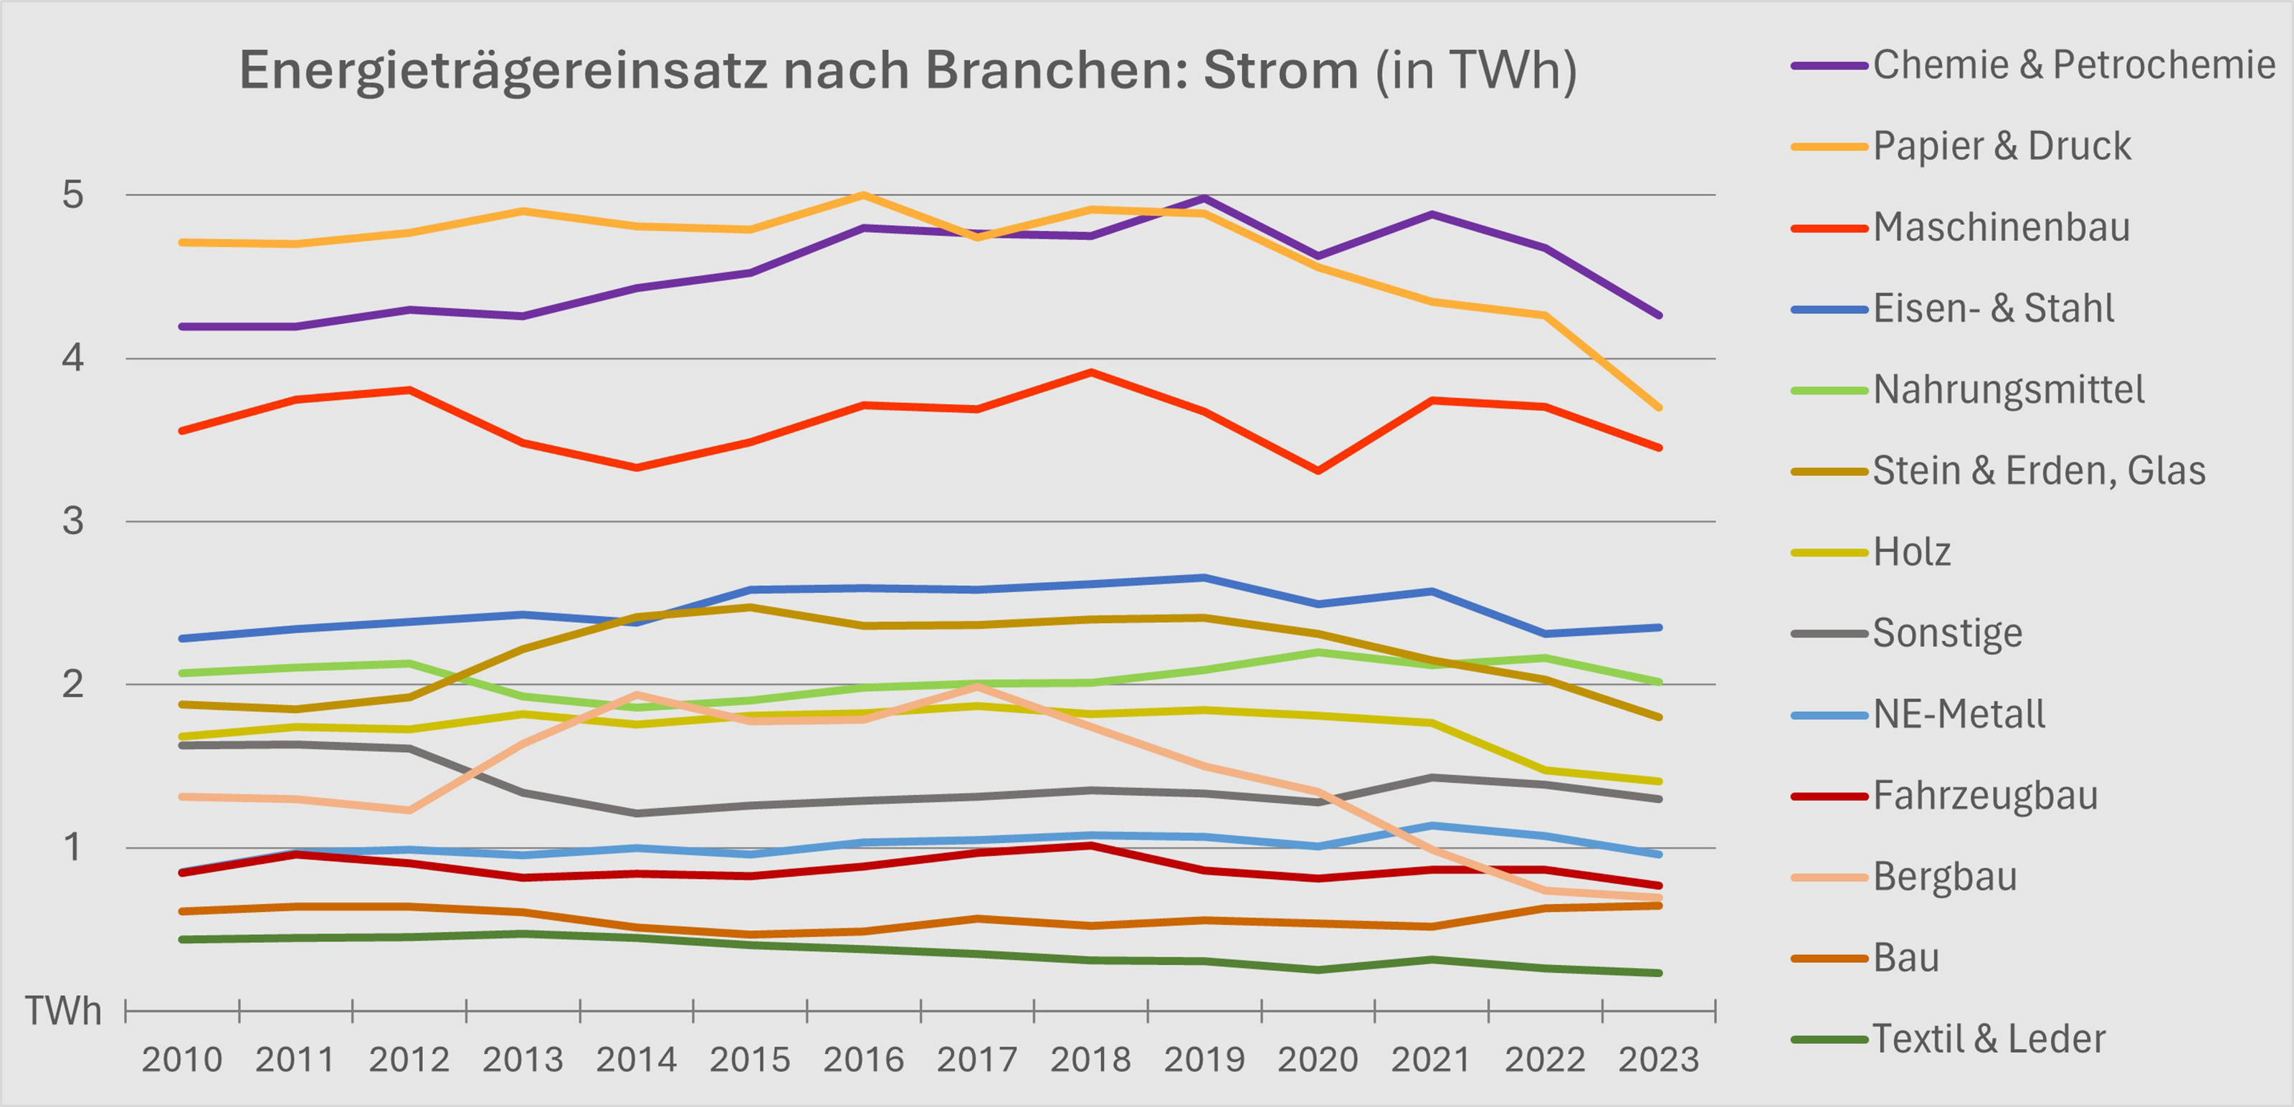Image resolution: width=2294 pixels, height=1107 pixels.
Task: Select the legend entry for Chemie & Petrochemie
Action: pos(2073,65)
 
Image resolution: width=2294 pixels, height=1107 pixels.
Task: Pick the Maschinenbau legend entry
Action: pos(2000,227)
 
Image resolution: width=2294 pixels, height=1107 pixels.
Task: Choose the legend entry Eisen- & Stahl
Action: pos(1992,308)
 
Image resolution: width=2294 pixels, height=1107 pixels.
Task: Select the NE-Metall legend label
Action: pos(1959,714)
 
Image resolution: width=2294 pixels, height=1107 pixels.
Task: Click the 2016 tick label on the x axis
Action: pos(863,1060)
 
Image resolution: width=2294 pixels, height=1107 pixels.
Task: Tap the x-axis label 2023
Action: pos(1658,1060)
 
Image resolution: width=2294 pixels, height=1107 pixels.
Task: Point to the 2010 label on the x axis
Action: pos(181,1060)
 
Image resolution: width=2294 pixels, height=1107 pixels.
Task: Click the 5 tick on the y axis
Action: pos(73,195)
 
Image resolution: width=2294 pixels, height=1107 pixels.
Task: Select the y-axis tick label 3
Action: pos(73,521)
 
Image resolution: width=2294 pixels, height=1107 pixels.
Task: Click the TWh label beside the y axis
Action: pos(62,1011)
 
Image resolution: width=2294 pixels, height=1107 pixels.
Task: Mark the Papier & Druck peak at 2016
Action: pos(863,194)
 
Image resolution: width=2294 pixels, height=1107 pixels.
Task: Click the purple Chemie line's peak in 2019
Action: pos(1204,198)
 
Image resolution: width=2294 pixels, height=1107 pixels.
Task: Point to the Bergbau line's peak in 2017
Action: pos(977,685)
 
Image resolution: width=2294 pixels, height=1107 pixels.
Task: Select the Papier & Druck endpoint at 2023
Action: pos(1658,408)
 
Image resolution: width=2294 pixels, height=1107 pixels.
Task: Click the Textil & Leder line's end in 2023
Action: pos(1658,972)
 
